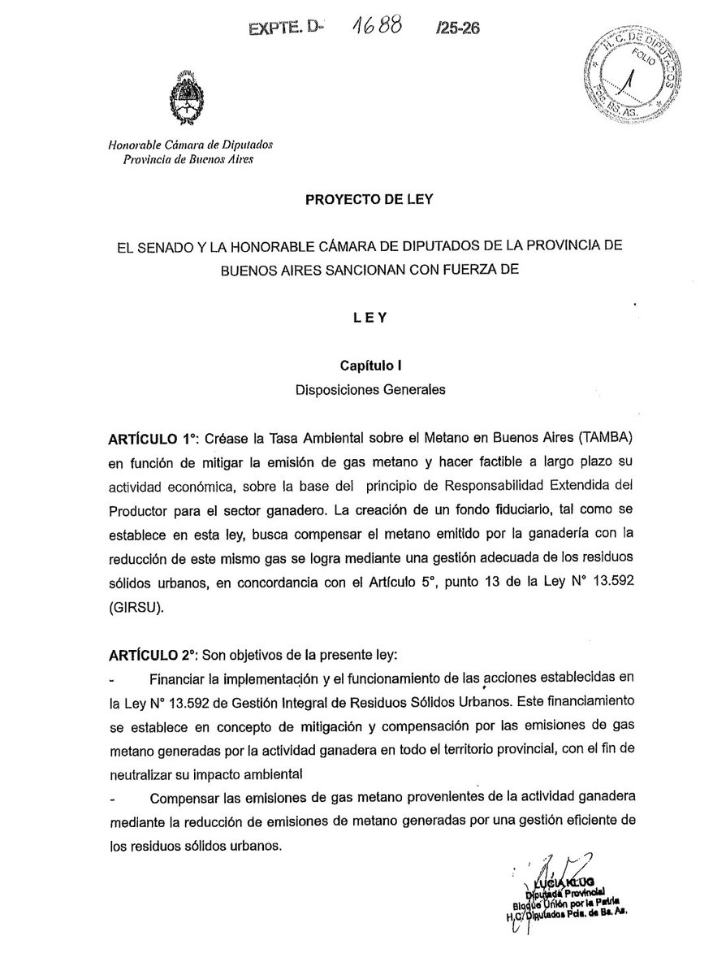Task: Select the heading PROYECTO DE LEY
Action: coord(356,198)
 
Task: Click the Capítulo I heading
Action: coord(356,366)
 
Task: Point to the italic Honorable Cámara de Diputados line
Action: coord(191,145)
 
